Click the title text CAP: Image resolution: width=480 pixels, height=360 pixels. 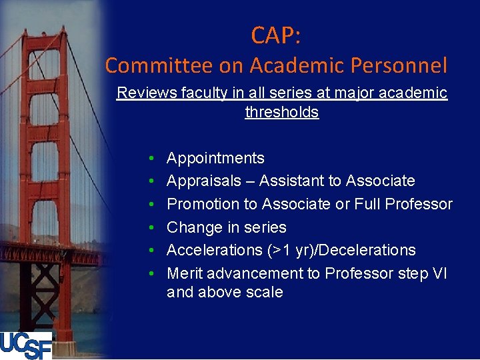pos(276,35)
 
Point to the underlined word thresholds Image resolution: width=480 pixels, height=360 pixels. pos(282,112)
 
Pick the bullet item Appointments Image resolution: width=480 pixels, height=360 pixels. pos(215,158)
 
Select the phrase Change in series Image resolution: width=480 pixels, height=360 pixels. pos(226,227)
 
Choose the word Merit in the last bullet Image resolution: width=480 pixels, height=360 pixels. pos(185,273)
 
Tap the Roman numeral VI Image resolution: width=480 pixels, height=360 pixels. pos(439,273)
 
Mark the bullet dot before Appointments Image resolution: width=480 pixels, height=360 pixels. pos(152,159)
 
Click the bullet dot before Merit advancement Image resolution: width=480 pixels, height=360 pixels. pos(152,273)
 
